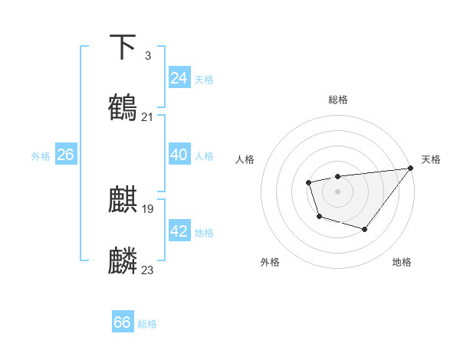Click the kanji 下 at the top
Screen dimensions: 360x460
123,47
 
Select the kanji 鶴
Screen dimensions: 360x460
123,107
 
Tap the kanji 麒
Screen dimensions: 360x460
123,200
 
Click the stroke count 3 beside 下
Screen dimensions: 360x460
147,56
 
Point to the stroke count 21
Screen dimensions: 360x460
147,116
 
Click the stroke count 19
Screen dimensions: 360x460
147,208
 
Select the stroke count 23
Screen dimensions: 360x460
147,270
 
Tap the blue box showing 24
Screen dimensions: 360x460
179,78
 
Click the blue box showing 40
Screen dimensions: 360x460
179,155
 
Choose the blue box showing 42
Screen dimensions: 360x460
179,231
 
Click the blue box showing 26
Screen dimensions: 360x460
65,155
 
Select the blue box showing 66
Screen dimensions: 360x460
123,322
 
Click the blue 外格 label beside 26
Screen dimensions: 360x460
41,156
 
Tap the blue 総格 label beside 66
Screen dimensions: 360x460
147,324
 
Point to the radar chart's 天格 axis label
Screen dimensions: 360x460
431,159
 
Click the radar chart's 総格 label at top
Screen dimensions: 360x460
338,100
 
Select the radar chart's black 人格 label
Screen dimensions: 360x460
245,159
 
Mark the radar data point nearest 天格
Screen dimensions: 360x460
411,168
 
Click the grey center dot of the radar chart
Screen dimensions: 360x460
337,191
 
